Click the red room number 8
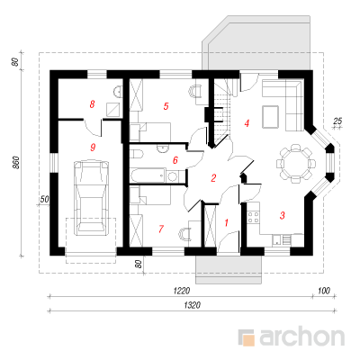(92, 104)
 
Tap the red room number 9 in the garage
(93, 147)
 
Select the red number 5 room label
(166, 106)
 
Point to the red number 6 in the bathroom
(175, 160)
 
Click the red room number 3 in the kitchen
(282, 215)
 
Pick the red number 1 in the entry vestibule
(227, 222)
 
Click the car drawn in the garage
(91, 198)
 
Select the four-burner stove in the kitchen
(254, 217)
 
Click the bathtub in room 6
(148, 175)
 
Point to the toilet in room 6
(137, 155)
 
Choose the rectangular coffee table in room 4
(271, 117)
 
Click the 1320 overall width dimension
(192, 305)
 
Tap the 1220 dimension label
(182, 291)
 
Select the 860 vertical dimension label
(16, 162)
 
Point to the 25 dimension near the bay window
(337, 121)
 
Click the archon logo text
(301, 337)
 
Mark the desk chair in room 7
(184, 234)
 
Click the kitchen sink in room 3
(276, 239)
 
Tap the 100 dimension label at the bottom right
(324, 291)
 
